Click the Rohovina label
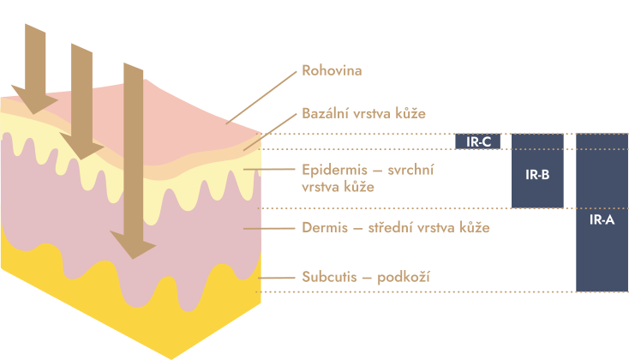click(332, 70)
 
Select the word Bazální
click(325, 113)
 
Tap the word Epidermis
click(334, 171)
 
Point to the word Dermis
click(325, 227)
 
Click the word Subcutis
click(329, 277)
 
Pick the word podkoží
click(404, 278)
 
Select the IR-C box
click(478, 141)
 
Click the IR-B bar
click(537, 171)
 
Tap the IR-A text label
click(602, 219)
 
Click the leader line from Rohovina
click(261, 98)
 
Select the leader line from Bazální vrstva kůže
click(270, 132)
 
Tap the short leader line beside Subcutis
click(277, 278)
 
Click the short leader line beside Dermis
click(270, 228)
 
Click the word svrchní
click(410, 171)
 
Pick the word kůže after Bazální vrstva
click(410, 113)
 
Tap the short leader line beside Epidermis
click(270, 170)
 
